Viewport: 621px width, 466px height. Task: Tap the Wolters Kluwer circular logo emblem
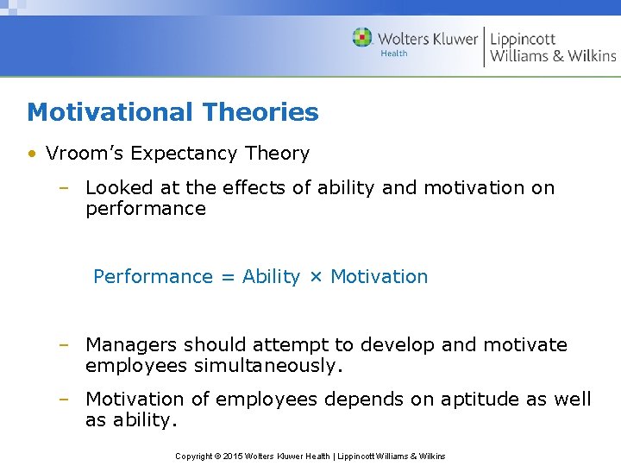pos(362,38)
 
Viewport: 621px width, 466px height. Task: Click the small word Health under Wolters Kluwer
pos(394,54)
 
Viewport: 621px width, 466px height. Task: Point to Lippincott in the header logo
pos(523,39)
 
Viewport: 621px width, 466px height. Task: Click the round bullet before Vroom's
pos(31,154)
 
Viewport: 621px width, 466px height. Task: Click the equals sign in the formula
pos(228,277)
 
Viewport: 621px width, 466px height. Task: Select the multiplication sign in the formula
pos(316,277)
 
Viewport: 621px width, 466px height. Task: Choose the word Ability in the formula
pos(271,277)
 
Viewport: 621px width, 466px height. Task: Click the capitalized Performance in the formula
pos(153,277)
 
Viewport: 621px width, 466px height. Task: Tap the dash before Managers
pos(64,345)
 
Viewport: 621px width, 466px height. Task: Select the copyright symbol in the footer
pos(216,456)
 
